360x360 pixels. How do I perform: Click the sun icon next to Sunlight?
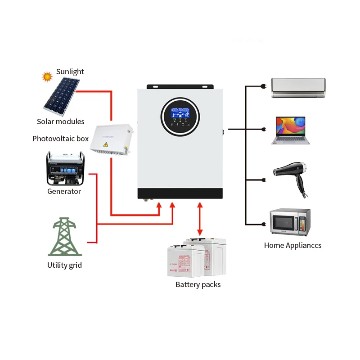click(x=47, y=76)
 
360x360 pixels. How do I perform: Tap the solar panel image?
click(x=62, y=94)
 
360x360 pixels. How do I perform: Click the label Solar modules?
click(x=60, y=121)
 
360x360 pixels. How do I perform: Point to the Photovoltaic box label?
click(x=60, y=139)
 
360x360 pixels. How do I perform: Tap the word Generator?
click(x=64, y=191)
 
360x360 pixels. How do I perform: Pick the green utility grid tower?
click(x=65, y=237)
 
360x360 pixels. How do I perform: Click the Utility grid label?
click(x=64, y=265)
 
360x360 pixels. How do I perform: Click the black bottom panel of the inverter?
click(x=180, y=193)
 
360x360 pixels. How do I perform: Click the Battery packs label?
click(x=198, y=284)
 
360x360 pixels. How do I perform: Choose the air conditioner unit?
click(x=298, y=88)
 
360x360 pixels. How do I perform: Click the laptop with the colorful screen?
click(x=291, y=130)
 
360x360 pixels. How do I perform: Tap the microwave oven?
click(x=290, y=221)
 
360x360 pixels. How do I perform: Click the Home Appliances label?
click(x=292, y=245)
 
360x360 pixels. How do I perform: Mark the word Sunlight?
click(x=70, y=72)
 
